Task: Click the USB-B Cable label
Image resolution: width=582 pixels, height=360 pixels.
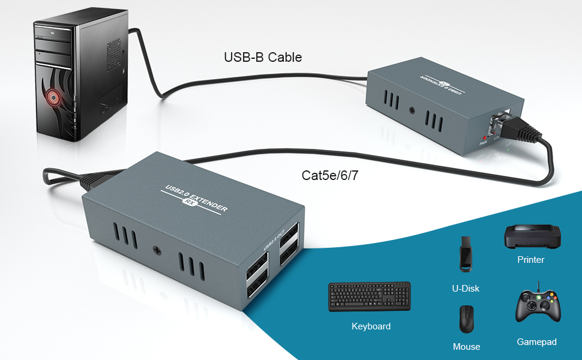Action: click(x=263, y=58)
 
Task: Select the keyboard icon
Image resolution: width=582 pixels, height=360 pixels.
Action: click(x=370, y=296)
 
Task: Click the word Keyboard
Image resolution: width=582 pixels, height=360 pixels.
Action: click(x=371, y=326)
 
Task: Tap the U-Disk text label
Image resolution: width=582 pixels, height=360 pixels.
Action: click(x=466, y=289)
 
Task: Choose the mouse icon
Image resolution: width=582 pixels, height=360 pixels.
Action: click(x=466, y=319)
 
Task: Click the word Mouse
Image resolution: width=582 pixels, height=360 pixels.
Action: click(x=466, y=347)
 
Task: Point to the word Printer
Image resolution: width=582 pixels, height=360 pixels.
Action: click(x=530, y=260)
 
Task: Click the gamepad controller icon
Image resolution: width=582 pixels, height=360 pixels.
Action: click(x=538, y=306)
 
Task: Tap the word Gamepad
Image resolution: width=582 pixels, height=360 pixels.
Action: click(x=536, y=342)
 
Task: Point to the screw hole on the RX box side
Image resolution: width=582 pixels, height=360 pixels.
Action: click(x=157, y=250)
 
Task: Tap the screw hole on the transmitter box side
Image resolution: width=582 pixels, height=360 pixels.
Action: click(x=412, y=111)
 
